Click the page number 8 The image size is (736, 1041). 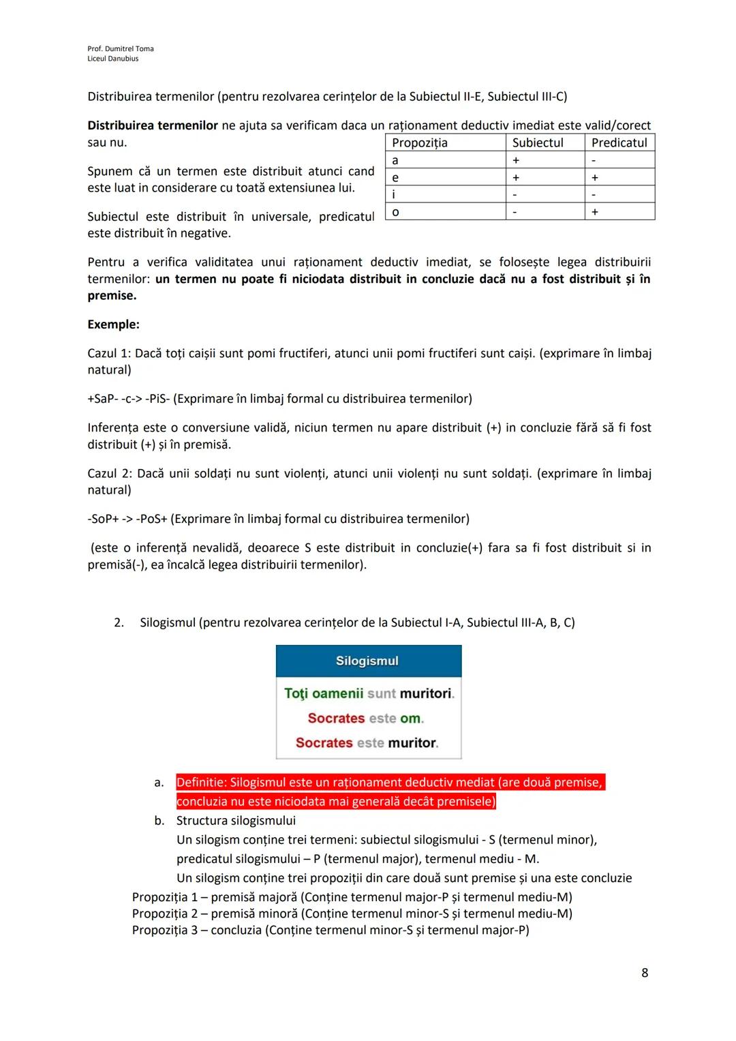(x=645, y=973)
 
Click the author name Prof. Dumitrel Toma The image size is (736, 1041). (x=121, y=48)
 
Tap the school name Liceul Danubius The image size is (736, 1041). (x=112, y=59)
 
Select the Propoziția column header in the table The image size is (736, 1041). (x=420, y=142)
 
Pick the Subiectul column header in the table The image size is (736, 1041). (x=538, y=142)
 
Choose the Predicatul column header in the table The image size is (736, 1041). (x=619, y=142)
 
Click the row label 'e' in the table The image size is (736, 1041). (x=395, y=177)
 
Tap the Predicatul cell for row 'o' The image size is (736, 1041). (x=594, y=212)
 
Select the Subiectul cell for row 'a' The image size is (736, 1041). (x=516, y=160)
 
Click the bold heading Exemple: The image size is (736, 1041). (x=113, y=325)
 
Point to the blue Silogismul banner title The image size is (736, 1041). (x=367, y=661)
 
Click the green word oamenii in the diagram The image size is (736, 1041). (x=337, y=693)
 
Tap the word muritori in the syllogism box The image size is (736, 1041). (x=426, y=693)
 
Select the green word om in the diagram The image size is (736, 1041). (x=410, y=718)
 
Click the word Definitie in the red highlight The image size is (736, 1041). (x=200, y=782)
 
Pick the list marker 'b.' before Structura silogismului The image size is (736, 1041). (x=159, y=821)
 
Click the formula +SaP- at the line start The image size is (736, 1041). (x=102, y=399)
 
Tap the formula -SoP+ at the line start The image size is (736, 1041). (x=104, y=519)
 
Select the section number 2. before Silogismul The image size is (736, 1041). (x=119, y=622)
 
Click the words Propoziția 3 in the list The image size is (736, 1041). (x=164, y=930)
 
